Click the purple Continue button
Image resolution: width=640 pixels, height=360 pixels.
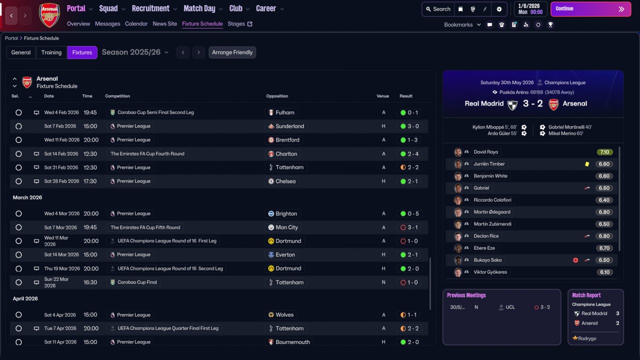pyautogui.click(x=590, y=9)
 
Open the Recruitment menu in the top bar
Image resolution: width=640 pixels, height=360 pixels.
pyautogui.click(x=154, y=8)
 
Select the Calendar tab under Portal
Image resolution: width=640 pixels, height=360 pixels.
pyautogui.click(x=136, y=23)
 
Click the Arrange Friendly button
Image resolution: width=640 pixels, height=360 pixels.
pyautogui.click(x=232, y=52)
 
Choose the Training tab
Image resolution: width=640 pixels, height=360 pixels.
pyautogui.click(x=51, y=52)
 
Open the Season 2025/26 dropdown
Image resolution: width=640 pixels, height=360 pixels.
pyautogui.click(x=135, y=52)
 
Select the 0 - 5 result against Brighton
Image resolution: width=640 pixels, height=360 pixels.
pyautogui.click(x=409, y=213)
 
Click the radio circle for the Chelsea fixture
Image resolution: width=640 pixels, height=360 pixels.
pyautogui.click(x=18, y=181)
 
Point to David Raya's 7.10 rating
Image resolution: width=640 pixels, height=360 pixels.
pyautogui.click(x=604, y=152)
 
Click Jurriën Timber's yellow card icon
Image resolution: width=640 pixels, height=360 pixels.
pyautogui.click(x=587, y=164)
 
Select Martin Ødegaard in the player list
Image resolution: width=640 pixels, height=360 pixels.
pyautogui.click(x=492, y=212)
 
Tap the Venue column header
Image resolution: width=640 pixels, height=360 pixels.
pyautogui.click(x=382, y=96)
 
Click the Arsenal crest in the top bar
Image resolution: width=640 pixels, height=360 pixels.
pyautogui.click(x=49, y=15)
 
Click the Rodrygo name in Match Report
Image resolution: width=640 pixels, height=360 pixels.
pyautogui.click(x=587, y=338)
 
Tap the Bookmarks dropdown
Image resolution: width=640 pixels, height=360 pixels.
pyautogui.click(x=462, y=24)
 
